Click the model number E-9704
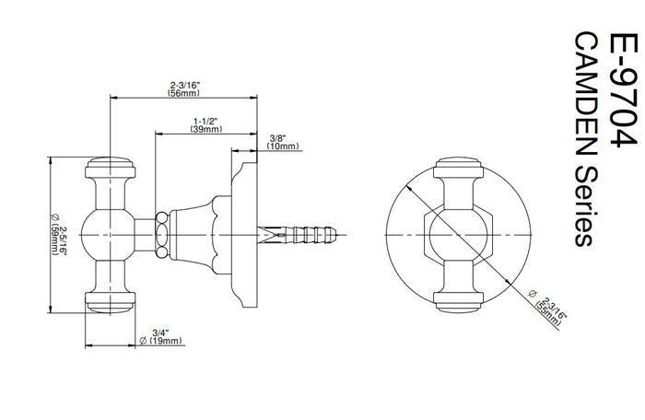point(622,89)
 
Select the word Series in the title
point(585,205)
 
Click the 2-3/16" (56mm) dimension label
point(184,88)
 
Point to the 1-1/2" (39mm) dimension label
point(206,125)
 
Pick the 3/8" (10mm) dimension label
point(283,142)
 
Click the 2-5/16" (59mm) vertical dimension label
point(58,234)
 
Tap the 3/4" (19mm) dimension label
point(161,336)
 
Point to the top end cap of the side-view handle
point(111,168)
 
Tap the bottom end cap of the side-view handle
point(111,302)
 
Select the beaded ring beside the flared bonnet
point(162,235)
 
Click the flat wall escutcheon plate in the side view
point(244,235)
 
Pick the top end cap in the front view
point(458,168)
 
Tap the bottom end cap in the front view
point(458,302)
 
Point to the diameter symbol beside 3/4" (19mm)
point(143,341)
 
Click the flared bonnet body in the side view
point(193,235)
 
